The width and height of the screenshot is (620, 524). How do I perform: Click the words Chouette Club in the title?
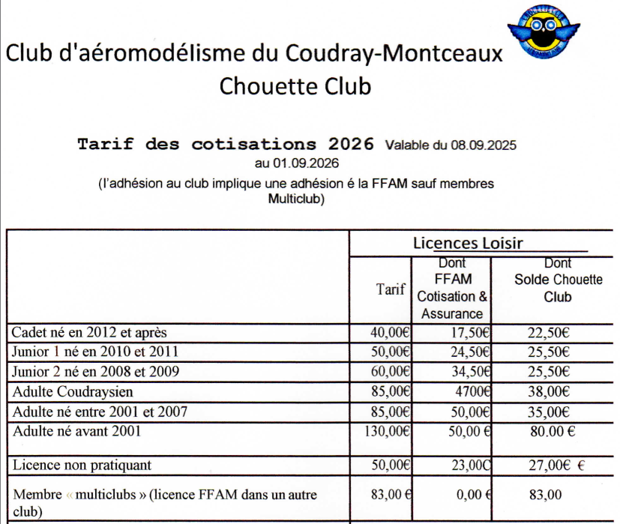point(295,86)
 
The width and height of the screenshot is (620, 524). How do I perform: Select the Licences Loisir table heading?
point(468,243)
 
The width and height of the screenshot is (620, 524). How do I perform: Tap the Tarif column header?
point(391,289)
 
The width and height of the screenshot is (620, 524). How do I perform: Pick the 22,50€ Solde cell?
point(546,332)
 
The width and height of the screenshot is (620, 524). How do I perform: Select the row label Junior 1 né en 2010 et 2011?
point(95,351)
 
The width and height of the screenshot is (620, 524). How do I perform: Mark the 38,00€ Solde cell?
point(546,391)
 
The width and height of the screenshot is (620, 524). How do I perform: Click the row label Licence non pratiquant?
point(82,466)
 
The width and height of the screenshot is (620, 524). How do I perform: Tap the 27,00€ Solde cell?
point(546,466)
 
